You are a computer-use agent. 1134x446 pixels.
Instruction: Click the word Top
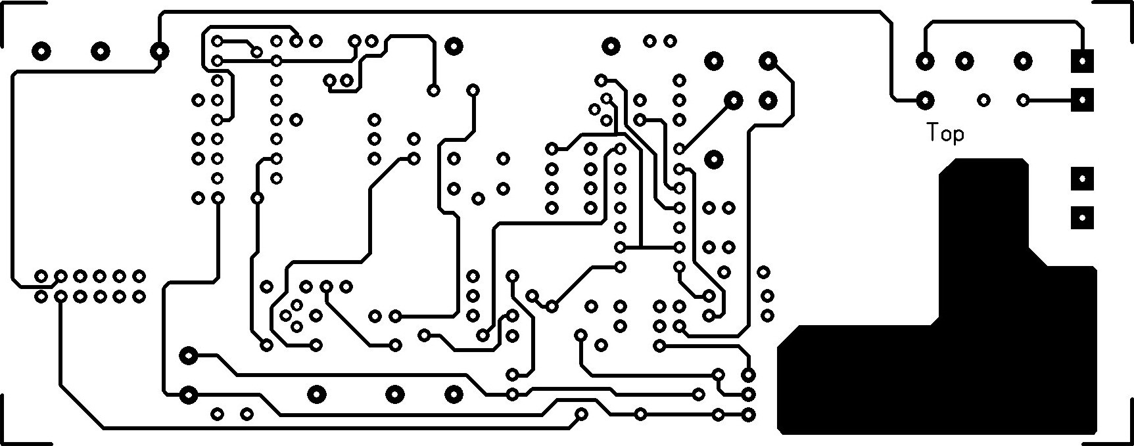pyautogui.click(x=945, y=133)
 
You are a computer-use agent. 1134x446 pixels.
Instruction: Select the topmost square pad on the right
pyautogui.click(x=1082, y=61)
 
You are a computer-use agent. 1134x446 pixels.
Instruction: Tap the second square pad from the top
pyautogui.click(x=1082, y=100)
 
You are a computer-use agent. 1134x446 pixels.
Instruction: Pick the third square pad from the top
pyautogui.click(x=1082, y=178)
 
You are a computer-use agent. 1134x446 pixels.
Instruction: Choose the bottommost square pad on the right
pyautogui.click(x=1082, y=217)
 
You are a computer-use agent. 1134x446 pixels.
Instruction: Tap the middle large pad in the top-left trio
pyautogui.click(x=101, y=51)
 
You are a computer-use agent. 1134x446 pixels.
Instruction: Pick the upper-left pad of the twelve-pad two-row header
pyautogui.click(x=41, y=276)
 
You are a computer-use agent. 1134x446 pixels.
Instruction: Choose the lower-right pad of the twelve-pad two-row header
pyautogui.click(x=139, y=296)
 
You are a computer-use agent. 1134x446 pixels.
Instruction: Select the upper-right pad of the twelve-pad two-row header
pyautogui.click(x=139, y=276)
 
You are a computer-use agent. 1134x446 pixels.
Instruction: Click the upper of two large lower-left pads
pyautogui.click(x=189, y=356)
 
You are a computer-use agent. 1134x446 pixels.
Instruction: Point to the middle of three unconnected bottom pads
pyautogui.click(x=394, y=394)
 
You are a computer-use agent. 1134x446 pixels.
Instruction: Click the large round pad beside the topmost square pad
pyautogui.click(x=1023, y=61)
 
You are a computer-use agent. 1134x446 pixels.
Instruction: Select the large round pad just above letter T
pyautogui.click(x=926, y=100)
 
